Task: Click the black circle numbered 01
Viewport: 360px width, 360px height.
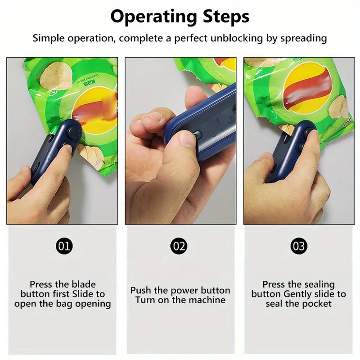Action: [x=64, y=246]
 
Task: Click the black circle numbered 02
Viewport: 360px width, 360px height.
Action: [x=179, y=246]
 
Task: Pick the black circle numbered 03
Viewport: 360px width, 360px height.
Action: [x=299, y=246]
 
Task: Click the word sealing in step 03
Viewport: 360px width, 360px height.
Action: [x=318, y=284]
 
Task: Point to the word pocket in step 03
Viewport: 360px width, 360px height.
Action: [x=316, y=304]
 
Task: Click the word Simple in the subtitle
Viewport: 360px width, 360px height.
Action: [x=48, y=38]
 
